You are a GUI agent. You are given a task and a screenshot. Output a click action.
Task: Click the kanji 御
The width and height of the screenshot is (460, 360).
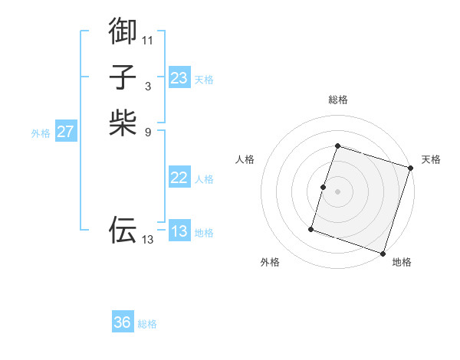pos(123,31)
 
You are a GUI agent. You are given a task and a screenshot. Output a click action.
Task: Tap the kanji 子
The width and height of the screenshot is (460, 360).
pos(123,77)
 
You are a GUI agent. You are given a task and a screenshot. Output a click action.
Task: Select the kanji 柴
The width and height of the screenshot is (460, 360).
pos(123,123)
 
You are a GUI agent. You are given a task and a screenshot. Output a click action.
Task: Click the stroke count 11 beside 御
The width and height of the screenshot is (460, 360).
pos(148,40)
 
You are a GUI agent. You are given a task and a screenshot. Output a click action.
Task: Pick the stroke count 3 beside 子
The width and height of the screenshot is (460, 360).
pos(148,86)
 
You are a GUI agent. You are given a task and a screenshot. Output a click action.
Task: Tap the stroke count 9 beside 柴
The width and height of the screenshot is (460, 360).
pos(148,131)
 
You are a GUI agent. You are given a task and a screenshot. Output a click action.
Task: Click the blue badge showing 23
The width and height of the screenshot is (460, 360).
pos(179,78)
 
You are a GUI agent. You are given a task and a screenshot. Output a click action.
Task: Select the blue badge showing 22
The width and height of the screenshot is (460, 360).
pos(179,178)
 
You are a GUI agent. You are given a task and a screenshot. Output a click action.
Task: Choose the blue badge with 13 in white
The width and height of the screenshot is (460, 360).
pos(179,231)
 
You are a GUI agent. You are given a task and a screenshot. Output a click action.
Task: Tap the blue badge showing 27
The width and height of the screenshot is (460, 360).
pos(66,132)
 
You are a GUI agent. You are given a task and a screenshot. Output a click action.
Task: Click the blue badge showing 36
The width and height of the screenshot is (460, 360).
pos(123,322)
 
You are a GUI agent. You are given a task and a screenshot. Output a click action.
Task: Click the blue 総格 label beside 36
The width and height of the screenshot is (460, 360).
pos(147,324)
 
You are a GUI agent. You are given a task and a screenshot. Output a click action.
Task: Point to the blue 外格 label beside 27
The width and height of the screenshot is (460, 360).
pos(41,133)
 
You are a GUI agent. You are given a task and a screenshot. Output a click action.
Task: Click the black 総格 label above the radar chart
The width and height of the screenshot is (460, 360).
pos(337,100)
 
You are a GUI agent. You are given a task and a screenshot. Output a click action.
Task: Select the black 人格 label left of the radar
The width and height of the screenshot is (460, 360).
pos(245,159)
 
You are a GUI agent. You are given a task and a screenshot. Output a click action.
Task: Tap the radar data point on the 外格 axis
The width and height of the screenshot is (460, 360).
pos(311,228)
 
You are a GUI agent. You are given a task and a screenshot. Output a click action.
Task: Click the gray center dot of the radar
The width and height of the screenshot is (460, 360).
pos(337,192)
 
